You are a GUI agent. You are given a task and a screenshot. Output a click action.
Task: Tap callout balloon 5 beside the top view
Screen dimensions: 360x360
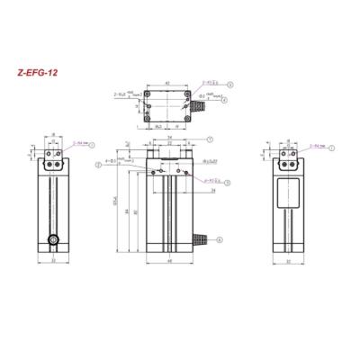[229, 85]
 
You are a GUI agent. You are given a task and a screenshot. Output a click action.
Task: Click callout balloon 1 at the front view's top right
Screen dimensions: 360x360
[209, 139]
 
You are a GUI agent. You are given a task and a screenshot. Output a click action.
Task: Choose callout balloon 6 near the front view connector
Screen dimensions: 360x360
[221, 236]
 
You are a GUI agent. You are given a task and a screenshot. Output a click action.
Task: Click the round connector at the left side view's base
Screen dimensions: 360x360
[54, 240]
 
